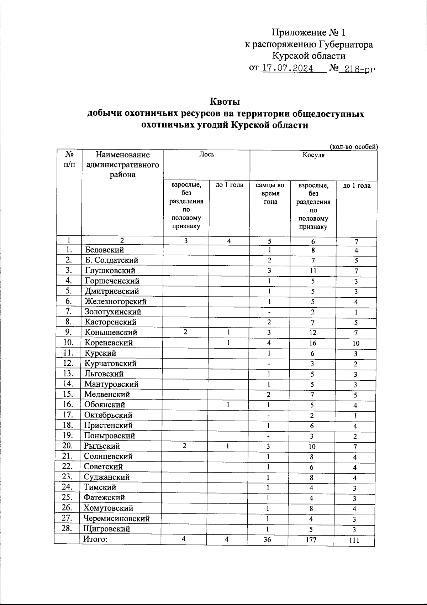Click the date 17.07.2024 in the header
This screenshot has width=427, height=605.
click(287, 68)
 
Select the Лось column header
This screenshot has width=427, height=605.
click(206, 154)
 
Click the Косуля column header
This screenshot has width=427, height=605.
click(313, 155)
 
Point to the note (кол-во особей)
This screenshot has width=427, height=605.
click(354, 146)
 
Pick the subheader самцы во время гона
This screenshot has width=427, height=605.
click(270, 193)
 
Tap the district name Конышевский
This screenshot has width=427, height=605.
click(111, 332)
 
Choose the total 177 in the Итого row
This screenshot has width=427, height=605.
click(311, 540)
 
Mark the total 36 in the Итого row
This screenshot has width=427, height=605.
click(267, 539)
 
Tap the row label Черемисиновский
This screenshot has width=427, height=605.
click(117, 518)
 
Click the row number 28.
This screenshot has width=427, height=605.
click(67, 528)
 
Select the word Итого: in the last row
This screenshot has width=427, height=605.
click(95, 539)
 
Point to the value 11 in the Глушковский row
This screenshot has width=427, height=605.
click(313, 271)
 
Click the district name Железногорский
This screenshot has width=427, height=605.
click(115, 301)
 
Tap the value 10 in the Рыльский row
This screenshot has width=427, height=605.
click(312, 447)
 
